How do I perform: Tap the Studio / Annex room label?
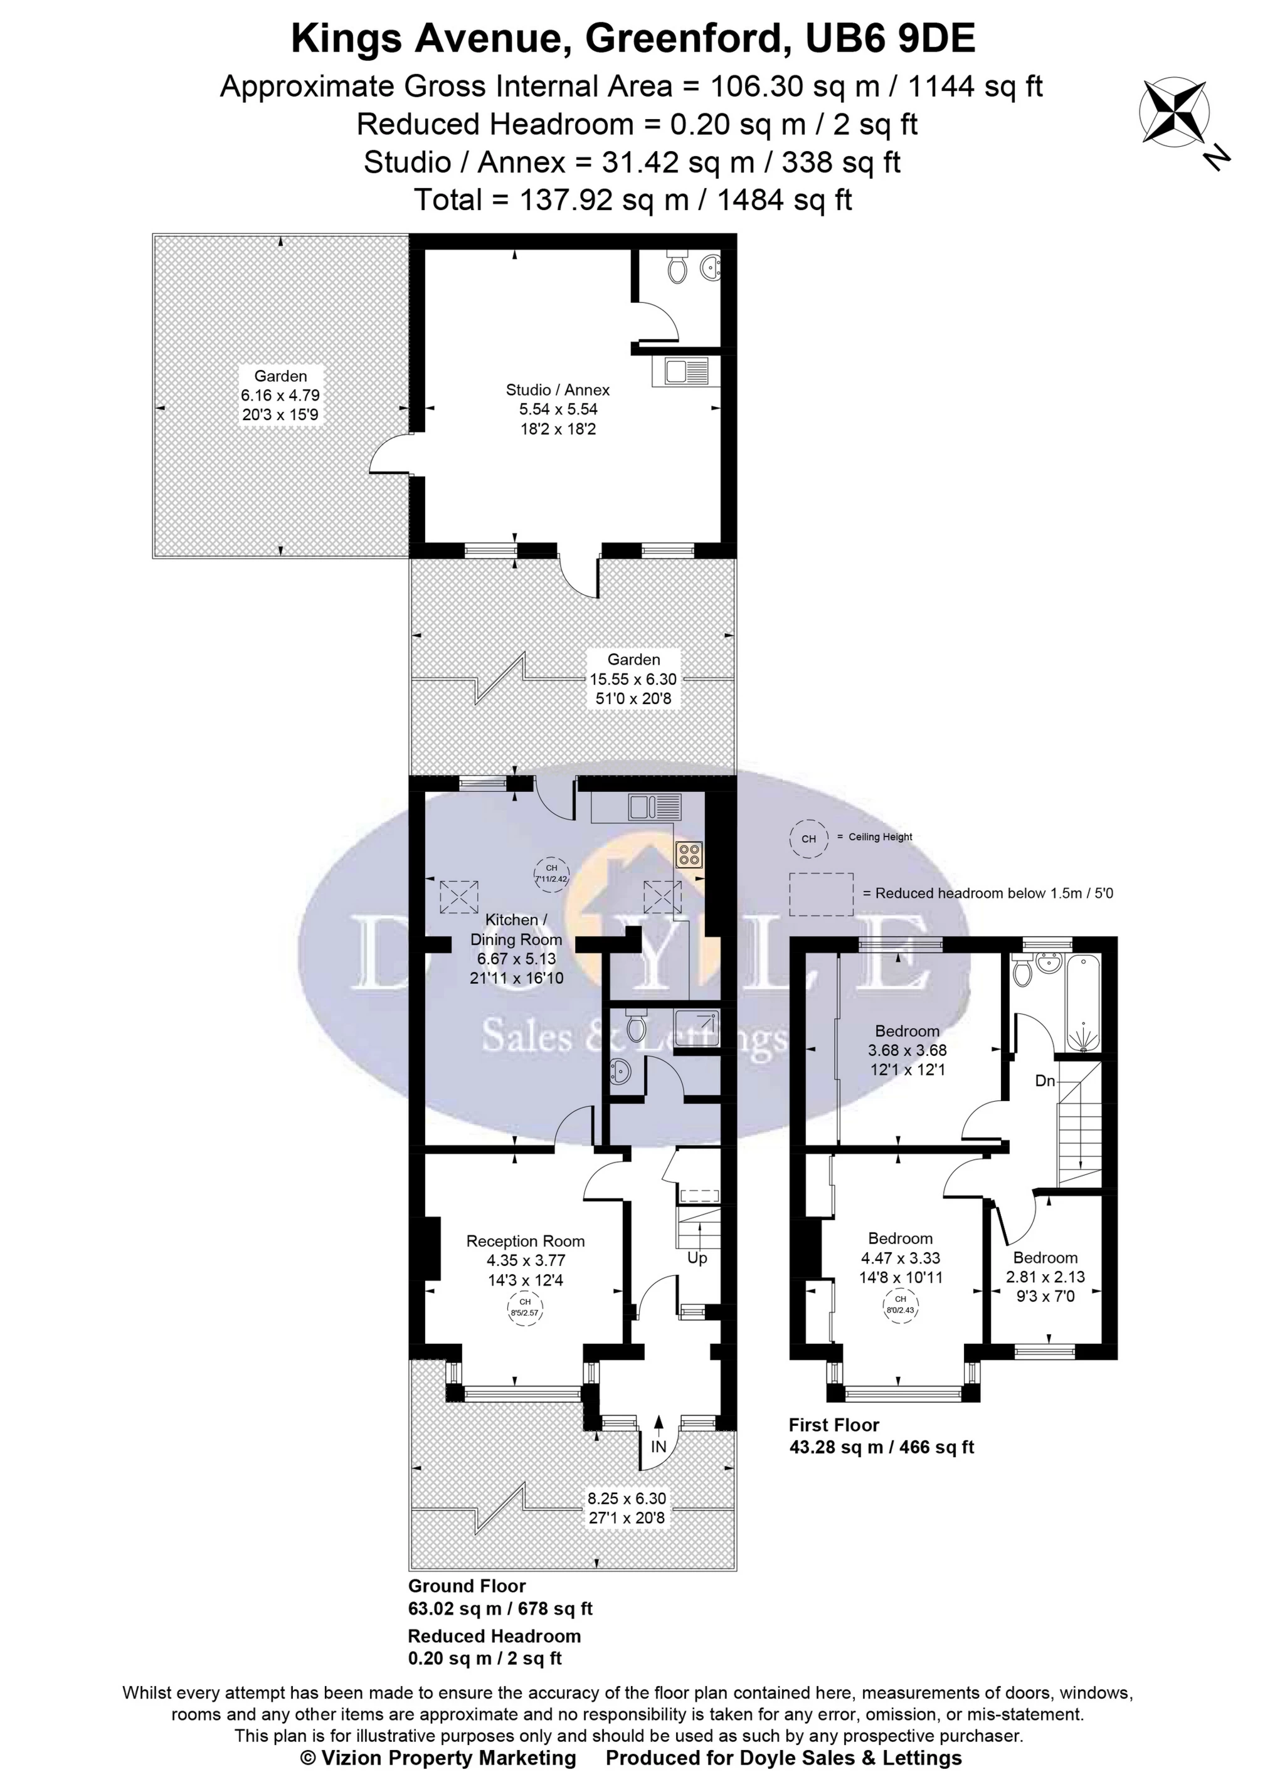558,389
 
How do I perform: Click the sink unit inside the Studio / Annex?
680,371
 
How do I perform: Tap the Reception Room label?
526,1241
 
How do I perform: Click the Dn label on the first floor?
1045,1081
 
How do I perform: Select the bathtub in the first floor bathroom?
1083,1002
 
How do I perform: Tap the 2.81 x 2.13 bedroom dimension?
1045,1277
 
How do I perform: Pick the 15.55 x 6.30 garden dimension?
633,679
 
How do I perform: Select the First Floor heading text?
833,1425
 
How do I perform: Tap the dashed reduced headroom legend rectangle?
821,894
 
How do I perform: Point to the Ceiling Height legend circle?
808,838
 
